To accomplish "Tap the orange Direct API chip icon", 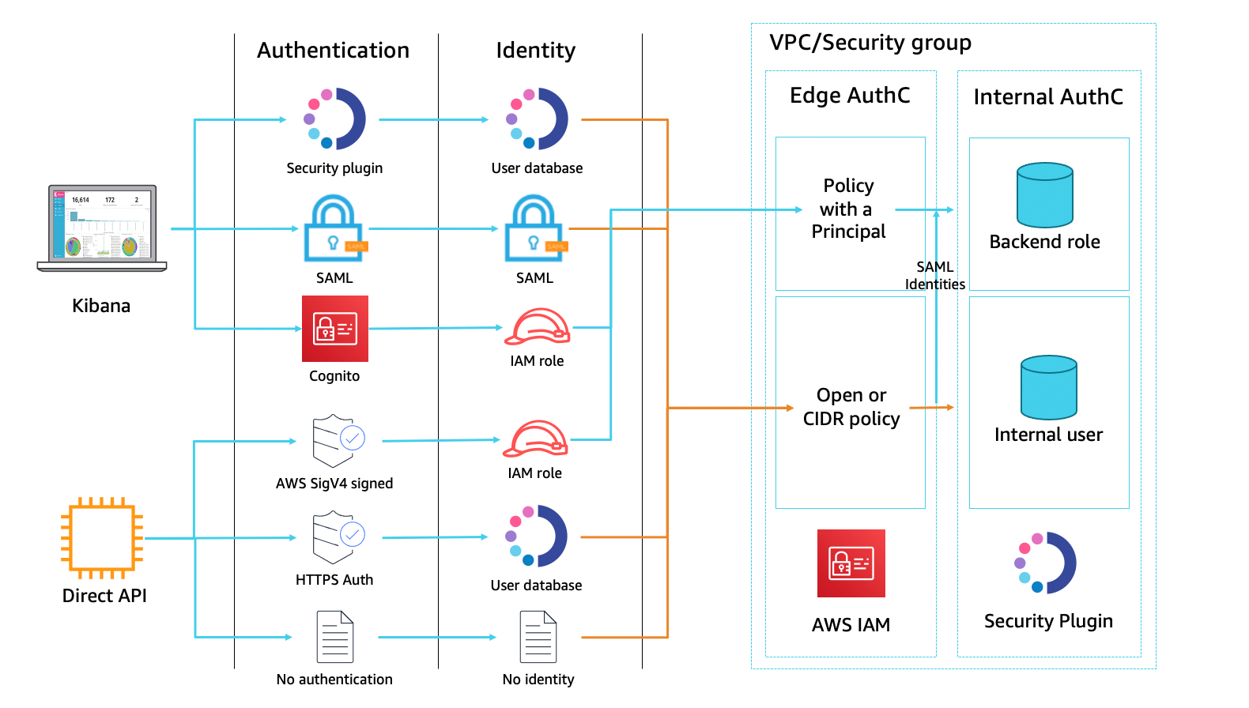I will pos(102,538).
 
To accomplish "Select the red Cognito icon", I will pos(335,329).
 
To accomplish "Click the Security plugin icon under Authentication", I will pos(335,119).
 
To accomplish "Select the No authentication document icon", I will pos(335,637).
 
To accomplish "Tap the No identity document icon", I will pos(538,637).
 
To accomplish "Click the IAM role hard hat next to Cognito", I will pos(538,327).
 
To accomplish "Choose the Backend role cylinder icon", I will pos(1044,195).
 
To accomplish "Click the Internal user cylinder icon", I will pos(1048,387).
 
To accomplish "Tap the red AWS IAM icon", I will pos(851,563).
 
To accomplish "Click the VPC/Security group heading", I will pos(870,43).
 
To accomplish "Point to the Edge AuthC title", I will pos(850,96).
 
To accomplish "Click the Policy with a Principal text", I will pos(848,209).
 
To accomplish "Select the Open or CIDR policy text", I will pos(851,407).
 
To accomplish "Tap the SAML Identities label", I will pos(934,276).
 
